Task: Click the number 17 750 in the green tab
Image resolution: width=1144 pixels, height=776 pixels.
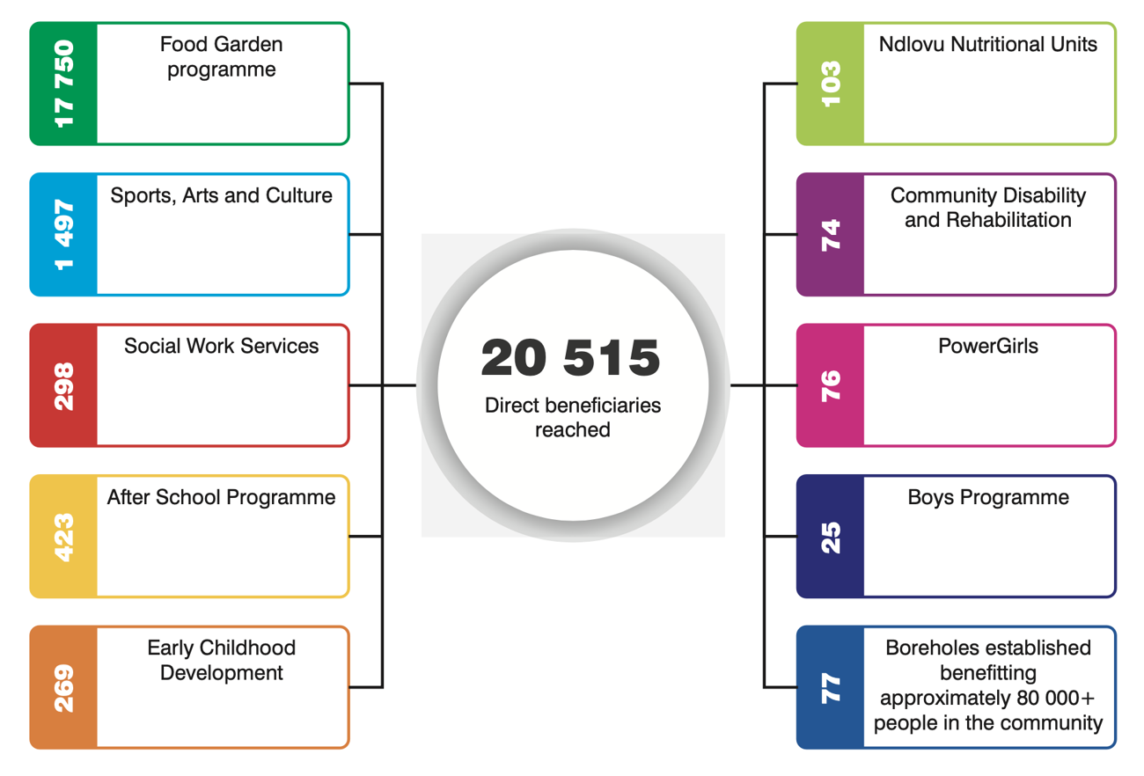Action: point(64,84)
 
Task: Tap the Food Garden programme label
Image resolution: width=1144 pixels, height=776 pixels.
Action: point(222,56)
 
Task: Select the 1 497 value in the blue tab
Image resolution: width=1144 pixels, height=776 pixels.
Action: point(64,235)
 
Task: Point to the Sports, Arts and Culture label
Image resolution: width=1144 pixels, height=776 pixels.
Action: point(222,195)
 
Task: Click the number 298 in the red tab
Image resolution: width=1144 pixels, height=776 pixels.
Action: point(64,386)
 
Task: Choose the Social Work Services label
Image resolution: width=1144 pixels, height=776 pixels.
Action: point(222,346)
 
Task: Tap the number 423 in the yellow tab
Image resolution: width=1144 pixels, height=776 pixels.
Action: point(64,537)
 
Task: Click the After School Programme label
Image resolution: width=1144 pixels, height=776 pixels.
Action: point(222,497)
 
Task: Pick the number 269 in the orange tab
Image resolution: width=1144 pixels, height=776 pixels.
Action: point(64,688)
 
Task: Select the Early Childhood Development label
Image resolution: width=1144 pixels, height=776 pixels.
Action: point(222,660)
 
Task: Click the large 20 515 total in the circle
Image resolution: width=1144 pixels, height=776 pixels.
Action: point(571,358)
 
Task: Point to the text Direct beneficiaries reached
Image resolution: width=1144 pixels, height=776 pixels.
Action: point(573,418)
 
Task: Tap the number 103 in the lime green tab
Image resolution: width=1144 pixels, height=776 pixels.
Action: point(831,84)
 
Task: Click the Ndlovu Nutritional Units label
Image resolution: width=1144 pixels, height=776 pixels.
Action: point(988,44)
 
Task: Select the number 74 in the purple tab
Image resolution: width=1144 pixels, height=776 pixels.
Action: point(831,235)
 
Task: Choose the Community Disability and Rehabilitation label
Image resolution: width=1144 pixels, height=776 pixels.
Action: point(988,208)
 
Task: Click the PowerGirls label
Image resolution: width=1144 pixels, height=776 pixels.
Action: point(988,346)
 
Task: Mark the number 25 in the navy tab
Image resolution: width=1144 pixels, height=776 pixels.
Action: point(831,537)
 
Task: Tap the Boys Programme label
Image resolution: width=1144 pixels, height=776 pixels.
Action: point(988,497)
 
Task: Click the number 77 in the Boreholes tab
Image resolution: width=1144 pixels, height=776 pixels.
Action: point(831,688)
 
